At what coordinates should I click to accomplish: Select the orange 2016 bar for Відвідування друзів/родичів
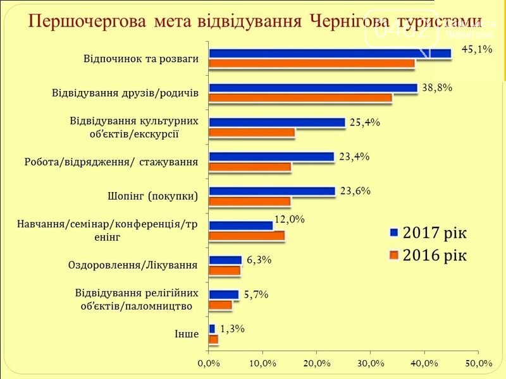300,98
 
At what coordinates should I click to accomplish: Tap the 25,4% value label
364,123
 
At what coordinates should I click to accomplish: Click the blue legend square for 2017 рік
393,232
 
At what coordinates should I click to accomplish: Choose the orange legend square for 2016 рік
393,255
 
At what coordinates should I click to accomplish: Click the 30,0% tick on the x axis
371,363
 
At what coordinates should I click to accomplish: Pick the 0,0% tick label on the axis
209,363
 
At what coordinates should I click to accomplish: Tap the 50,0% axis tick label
478,363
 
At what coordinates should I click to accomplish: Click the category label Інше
187,334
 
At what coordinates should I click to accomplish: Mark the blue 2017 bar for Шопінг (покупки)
271,191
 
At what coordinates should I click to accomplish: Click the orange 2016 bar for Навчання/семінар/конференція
247,236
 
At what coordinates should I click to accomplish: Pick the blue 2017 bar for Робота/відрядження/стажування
271,157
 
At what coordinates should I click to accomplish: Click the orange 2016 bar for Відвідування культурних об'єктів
251,133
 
